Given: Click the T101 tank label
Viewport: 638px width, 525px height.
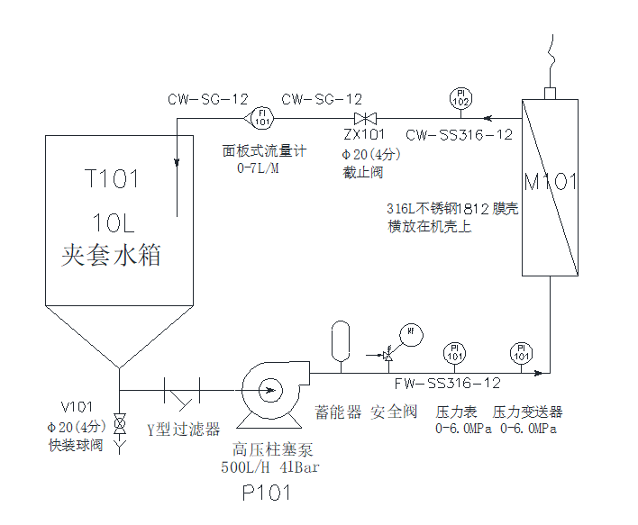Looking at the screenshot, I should (x=112, y=179).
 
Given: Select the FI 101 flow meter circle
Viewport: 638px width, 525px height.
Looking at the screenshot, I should (x=261, y=118).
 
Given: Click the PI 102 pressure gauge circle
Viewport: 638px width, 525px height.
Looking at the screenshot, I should (x=460, y=98).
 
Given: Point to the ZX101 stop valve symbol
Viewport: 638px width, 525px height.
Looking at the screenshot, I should (x=366, y=119).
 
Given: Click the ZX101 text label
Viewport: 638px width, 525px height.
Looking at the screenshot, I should (x=364, y=135).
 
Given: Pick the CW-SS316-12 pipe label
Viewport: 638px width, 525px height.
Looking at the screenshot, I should (x=459, y=135).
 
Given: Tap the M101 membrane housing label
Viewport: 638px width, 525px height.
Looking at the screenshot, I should (x=551, y=183).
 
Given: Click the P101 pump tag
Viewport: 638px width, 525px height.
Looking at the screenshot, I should (x=267, y=493).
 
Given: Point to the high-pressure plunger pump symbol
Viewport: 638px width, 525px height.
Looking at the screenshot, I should (x=269, y=389).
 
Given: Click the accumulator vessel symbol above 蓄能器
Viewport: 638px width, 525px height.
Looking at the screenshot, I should (x=340, y=338).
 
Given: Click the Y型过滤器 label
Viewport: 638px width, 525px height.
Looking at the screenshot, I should (x=184, y=430).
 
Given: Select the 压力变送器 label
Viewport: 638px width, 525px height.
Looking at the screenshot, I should (x=527, y=412).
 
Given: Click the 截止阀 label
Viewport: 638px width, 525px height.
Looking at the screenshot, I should (x=363, y=171).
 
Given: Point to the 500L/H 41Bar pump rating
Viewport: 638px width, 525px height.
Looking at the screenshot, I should (x=270, y=466).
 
